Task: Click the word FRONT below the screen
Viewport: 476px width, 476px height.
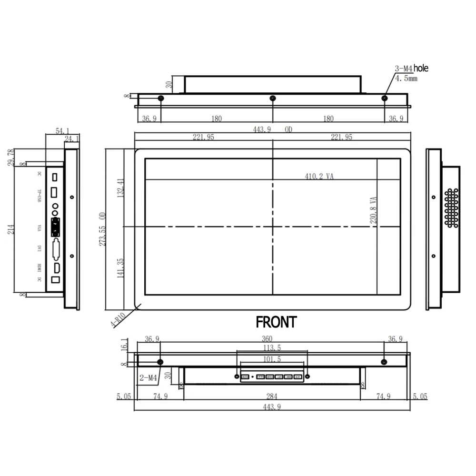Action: coord(276,322)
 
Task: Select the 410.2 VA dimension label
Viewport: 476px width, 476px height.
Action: coord(319,176)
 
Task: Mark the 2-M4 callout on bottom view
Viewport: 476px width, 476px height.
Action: coord(148,378)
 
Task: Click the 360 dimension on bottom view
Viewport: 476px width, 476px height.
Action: coord(272,339)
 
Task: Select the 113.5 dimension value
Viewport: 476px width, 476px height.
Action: coord(272,348)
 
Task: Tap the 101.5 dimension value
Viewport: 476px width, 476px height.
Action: coord(272,359)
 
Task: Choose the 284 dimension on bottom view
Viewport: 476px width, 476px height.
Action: coord(272,397)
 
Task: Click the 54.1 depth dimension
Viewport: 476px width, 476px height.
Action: coord(62,130)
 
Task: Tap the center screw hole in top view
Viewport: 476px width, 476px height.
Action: coord(272,98)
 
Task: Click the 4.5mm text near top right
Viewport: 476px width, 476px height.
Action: coord(406,79)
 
